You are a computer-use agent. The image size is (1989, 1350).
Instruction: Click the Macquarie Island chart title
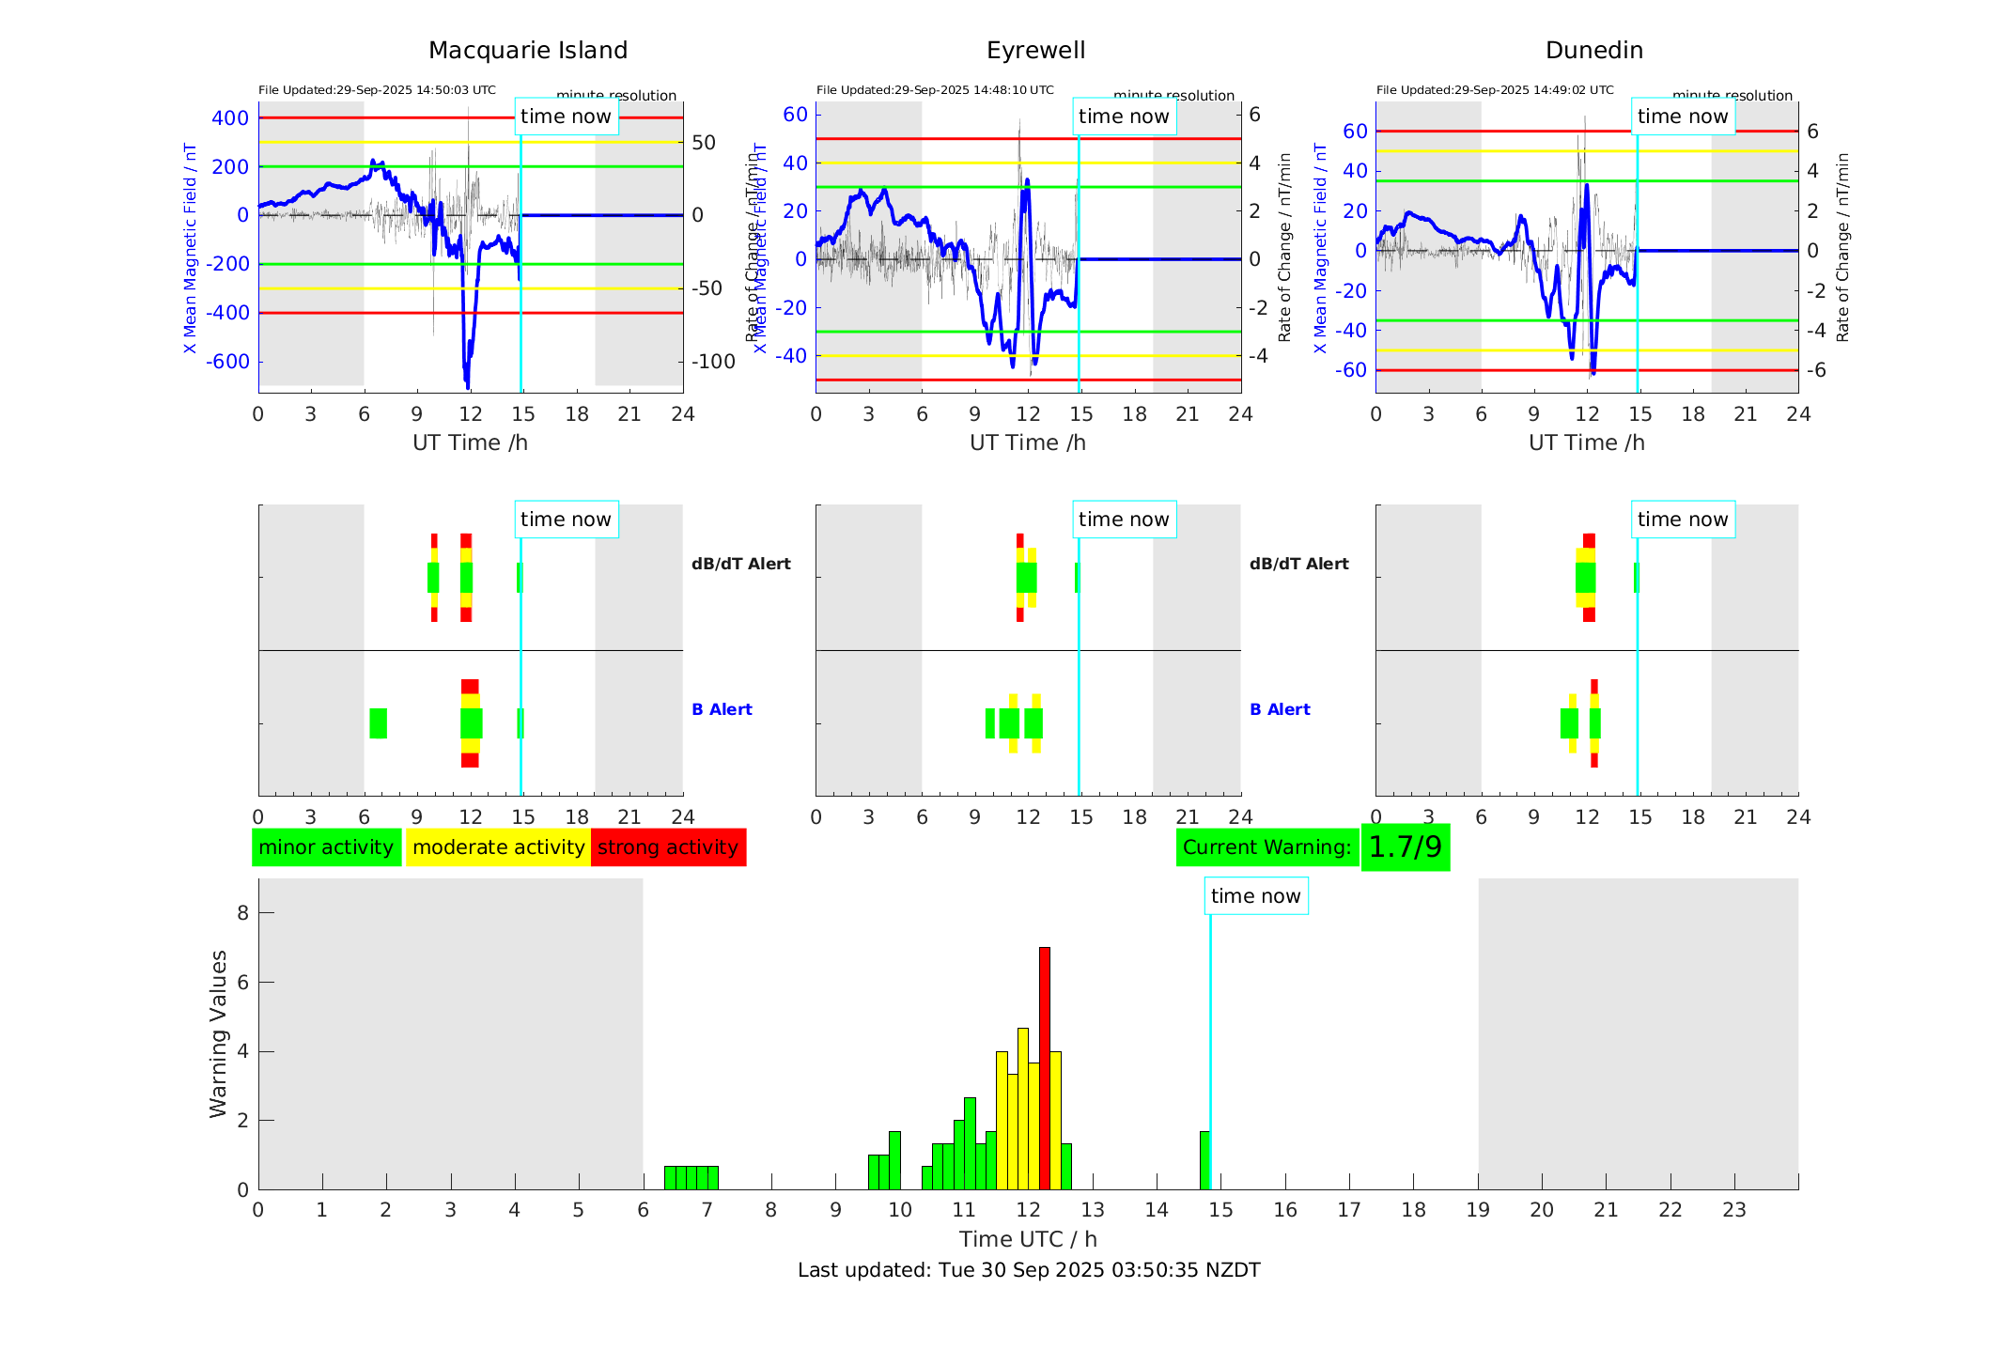[x=527, y=51]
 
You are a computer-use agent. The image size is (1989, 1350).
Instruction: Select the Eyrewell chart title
[x=1035, y=51]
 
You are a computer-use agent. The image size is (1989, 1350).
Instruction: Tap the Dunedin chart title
[x=1593, y=51]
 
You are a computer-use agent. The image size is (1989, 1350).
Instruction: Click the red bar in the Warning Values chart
[x=1045, y=1068]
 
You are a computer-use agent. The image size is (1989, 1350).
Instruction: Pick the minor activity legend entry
[x=326, y=847]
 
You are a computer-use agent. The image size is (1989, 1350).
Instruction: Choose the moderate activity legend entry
[x=498, y=847]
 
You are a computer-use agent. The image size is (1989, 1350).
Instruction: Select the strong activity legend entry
[x=668, y=847]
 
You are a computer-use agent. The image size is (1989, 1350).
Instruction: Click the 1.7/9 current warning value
[x=1405, y=847]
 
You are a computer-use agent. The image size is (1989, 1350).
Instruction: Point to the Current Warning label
[x=1266, y=847]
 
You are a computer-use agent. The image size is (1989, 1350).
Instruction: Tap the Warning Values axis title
[x=218, y=1033]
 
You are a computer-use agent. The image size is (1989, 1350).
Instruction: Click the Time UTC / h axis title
[x=1028, y=1239]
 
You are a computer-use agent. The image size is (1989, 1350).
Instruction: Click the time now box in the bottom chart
[x=1255, y=896]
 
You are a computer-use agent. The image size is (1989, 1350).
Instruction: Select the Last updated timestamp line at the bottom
[x=1029, y=1270]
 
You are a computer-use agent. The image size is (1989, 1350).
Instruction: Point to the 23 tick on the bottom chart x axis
[x=1733, y=1210]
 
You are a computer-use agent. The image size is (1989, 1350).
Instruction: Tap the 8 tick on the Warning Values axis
[x=242, y=913]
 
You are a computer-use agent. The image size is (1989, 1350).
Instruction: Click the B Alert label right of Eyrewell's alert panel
[x=1280, y=709]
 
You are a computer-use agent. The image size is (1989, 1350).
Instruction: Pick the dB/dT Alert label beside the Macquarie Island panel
[x=740, y=564]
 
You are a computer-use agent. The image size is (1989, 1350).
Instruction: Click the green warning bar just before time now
[x=1204, y=1160]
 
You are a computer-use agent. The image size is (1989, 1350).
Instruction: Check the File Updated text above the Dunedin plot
[x=1495, y=90]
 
